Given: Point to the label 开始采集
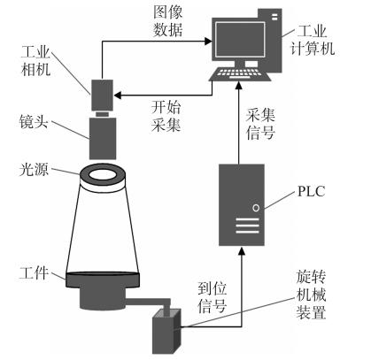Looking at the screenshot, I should pyautogui.click(x=161, y=115).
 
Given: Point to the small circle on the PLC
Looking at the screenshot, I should pyautogui.click(x=256, y=210).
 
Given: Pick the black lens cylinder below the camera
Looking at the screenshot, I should pyautogui.click(x=104, y=136).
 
